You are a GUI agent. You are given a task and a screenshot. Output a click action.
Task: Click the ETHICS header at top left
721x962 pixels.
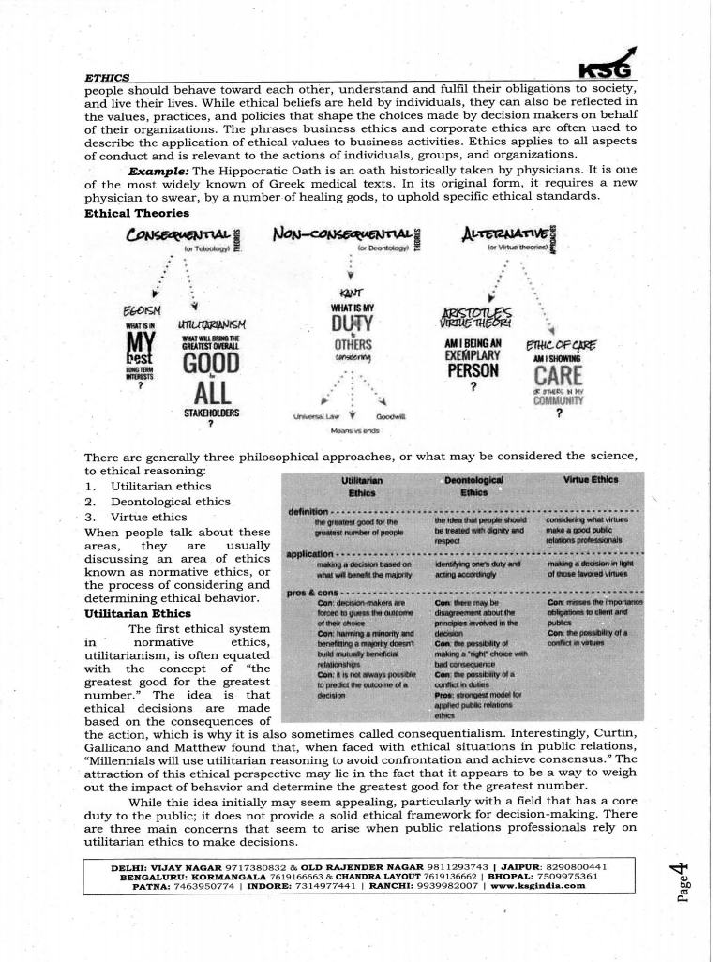click(107, 76)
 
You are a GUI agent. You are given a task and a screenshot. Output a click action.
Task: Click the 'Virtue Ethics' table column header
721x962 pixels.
click(590, 479)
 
